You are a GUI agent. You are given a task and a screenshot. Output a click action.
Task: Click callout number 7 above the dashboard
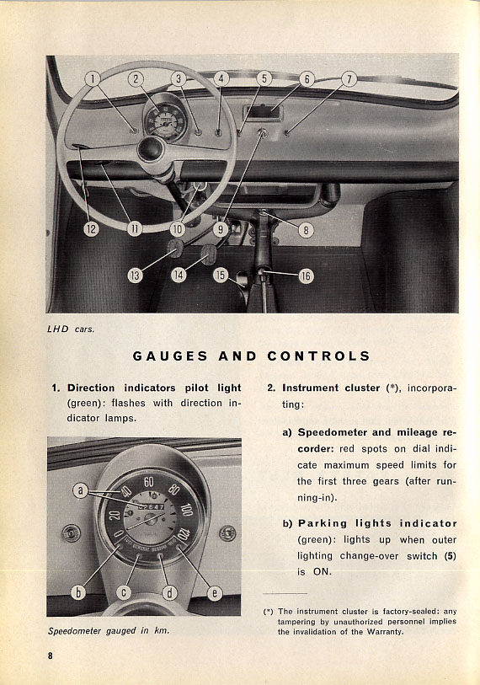pos(349,79)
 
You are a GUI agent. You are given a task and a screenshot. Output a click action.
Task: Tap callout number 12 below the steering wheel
pos(91,229)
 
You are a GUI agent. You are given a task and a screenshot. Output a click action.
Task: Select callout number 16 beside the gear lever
pos(306,276)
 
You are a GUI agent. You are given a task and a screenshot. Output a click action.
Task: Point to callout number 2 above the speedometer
pos(136,78)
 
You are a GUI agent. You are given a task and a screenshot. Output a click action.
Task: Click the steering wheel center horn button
pos(151,148)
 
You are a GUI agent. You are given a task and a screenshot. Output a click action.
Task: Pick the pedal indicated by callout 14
pos(208,255)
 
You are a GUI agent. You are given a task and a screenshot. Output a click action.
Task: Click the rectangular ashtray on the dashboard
pos(263,113)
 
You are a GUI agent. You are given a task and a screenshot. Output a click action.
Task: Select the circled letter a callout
pos(80,490)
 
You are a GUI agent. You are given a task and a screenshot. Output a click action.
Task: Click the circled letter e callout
pos(215,593)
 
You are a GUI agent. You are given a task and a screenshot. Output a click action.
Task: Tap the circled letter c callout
pos(124,592)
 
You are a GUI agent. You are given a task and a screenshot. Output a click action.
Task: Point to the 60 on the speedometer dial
pos(148,481)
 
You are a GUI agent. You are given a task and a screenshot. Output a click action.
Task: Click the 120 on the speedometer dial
pos(184,534)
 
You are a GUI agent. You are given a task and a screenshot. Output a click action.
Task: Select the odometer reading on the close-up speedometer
pos(152,506)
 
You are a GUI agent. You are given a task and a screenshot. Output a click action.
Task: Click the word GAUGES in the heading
pos(170,356)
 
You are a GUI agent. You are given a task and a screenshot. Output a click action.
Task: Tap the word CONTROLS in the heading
pos(319,356)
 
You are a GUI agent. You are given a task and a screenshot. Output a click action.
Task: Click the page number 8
pos(51,656)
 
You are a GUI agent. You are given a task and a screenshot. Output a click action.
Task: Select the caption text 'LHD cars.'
pos(71,329)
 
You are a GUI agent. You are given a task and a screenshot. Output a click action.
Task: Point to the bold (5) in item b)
pos(450,556)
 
